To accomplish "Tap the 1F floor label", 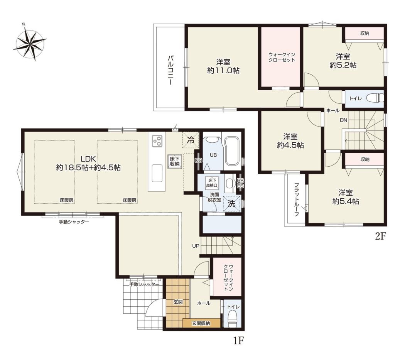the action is point(238,341).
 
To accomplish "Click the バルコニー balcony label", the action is point(170,70).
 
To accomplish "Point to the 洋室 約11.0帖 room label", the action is point(223,66).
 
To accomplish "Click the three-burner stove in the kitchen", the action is point(157,141).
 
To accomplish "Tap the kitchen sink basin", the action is point(157,173).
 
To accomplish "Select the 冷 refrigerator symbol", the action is point(191,140).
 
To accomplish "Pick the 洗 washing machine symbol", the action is point(232,204).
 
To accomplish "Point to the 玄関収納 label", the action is point(201,323).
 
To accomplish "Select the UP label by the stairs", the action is point(196,246).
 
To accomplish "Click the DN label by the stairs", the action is point(343,120).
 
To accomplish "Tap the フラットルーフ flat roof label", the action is point(297,199).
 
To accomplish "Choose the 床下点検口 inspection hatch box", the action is point(212,183).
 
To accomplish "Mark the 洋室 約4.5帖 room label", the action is point(290,141).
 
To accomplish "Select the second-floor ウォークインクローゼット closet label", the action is point(282,57).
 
